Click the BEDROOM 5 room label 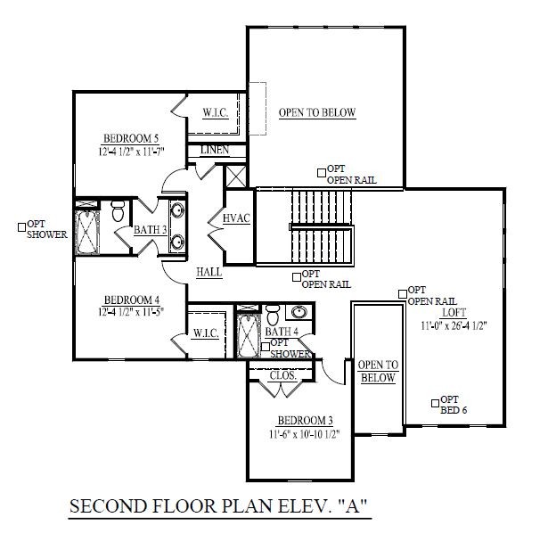(130, 138)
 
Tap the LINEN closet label (215, 150)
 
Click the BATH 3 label (151, 230)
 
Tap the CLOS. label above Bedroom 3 (282, 376)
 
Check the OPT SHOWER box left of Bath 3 (22, 225)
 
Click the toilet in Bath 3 (118, 212)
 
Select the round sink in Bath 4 (299, 313)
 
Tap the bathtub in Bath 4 (249, 332)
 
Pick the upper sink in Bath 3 (176, 211)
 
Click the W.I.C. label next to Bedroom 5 (217, 113)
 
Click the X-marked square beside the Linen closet (235, 174)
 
